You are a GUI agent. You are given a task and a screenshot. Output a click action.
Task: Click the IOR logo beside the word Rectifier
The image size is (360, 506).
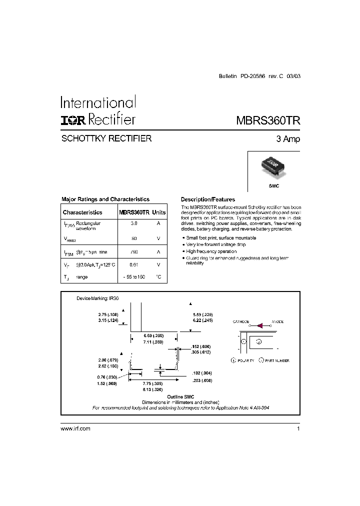(x=73, y=119)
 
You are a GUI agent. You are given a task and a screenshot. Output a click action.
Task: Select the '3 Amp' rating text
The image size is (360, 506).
(x=288, y=139)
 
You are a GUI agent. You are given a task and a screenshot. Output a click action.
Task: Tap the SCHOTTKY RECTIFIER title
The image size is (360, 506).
(x=106, y=138)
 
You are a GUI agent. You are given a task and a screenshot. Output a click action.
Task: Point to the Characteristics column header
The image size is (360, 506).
(x=82, y=212)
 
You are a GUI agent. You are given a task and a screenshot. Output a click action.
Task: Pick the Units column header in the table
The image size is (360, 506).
(x=158, y=212)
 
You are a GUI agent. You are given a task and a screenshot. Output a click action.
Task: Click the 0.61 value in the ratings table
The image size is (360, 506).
(x=133, y=264)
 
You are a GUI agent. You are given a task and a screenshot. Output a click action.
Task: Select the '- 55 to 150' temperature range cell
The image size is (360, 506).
(x=133, y=276)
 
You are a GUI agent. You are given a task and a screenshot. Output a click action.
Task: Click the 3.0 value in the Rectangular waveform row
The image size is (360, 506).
(x=133, y=223)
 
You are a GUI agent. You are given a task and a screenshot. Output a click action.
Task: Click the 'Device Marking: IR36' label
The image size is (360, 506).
(x=97, y=298)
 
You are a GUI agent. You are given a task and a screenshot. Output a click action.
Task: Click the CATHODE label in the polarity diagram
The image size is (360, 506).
(x=241, y=322)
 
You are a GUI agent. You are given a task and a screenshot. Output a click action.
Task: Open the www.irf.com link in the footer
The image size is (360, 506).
(x=75, y=429)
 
